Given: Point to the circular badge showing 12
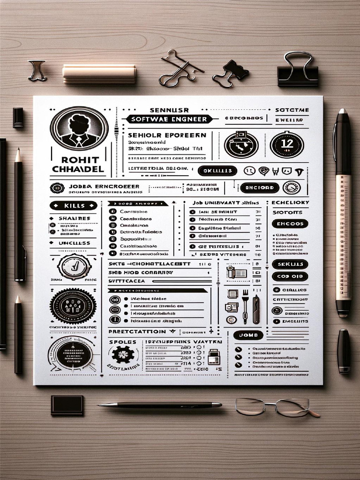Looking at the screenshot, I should (x=286, y=143).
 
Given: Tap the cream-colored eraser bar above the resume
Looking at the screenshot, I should (x=99, y=73).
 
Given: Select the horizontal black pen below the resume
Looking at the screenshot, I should (x=159, y=405).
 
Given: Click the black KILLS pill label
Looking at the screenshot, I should (x=73, y=205).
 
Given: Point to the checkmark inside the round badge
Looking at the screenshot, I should (x=74, y=267).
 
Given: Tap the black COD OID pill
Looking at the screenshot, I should (x=290, y=277).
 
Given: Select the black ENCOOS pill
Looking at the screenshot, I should (x=290, y=223).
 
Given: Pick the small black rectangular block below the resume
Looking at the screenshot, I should (x=67, y=405).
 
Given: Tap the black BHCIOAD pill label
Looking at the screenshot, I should (x=259, y=188).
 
